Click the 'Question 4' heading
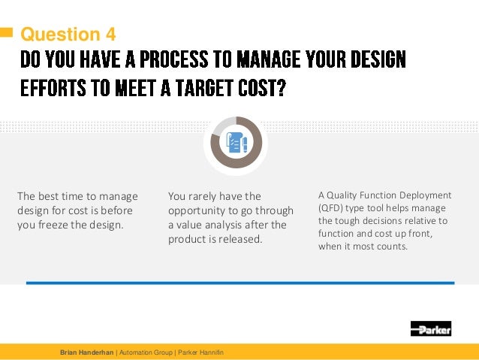68,35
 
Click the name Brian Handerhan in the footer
86,352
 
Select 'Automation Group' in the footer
143,352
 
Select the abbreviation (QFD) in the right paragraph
333,208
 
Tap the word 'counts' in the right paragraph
393,246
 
